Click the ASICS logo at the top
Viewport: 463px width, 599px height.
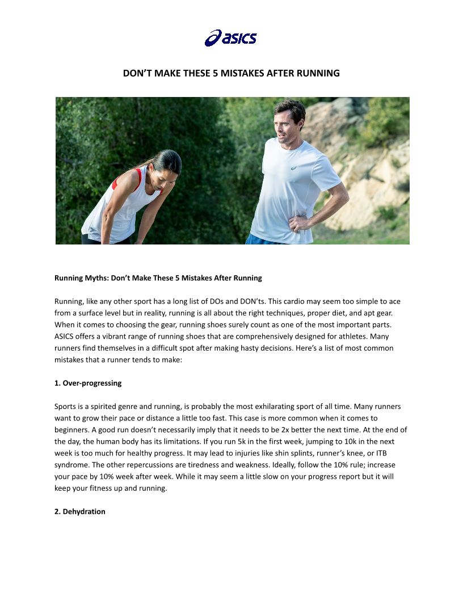[x=231, y=38]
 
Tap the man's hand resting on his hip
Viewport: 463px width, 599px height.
[x=296, y=223]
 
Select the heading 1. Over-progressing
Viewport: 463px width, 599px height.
[x=88, y=383]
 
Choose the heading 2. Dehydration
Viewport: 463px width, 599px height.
[x=80, y=512]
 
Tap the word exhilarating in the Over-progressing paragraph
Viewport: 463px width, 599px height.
[x=271, y=407]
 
